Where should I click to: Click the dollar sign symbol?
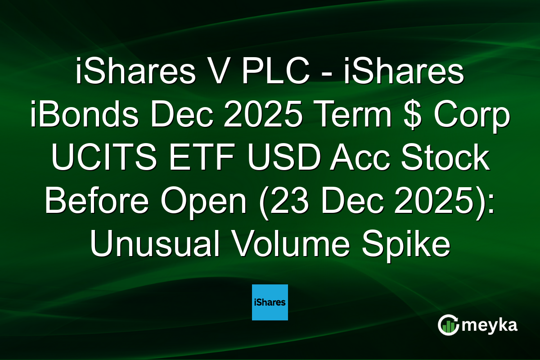[409, 117]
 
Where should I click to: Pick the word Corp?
[468, 117]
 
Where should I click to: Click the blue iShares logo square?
[270, 302]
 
